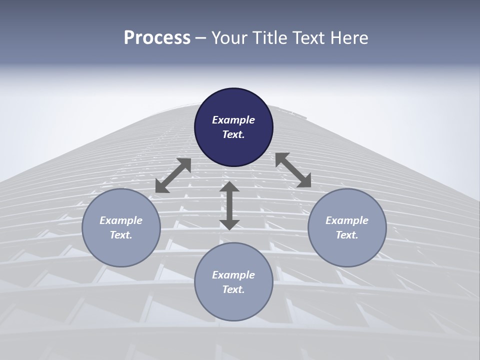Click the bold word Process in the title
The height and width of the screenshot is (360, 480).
tap(157, 38)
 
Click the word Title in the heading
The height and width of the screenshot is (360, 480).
tap(269, 38)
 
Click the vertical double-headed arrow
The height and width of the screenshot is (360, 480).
tap(229, 205)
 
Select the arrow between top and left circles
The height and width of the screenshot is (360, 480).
tap(173, 175)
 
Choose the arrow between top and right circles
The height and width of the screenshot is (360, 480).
tap(293, 170)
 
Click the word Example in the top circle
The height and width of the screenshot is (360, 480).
tap(233, 120)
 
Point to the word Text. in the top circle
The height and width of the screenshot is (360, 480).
tap(233, 134)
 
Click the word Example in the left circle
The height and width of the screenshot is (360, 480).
tap(121, 220)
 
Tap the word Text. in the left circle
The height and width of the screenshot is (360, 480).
tap(121, 235)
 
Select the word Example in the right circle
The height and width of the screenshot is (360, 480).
tap(347, 220)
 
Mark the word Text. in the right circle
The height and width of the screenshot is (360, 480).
tap(347, 235)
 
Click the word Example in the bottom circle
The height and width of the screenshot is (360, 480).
tap(233, 275)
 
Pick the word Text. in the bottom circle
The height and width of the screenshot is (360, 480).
tap(233, 289)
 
